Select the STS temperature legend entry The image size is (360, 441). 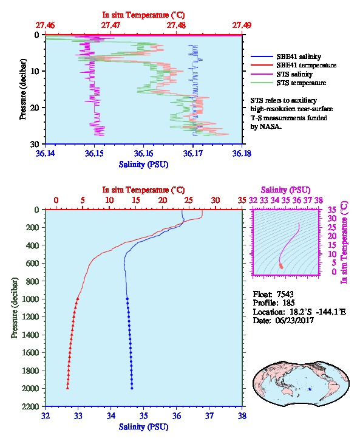tap(288, 83)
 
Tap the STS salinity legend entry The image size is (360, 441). tap(282, 74)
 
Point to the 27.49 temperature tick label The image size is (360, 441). tap(242, 26)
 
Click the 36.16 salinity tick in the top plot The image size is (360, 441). tap(143, 154)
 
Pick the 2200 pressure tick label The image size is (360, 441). tap(31, 406)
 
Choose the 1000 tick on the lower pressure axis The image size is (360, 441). tap(31, 299)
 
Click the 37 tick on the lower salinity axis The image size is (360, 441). tap(209, 415)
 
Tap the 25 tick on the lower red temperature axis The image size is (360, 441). tap(189, 200)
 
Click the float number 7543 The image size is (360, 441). tap(285, 294)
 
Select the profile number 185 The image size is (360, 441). tap(288, 303)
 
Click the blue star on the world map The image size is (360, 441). tap(310, 389)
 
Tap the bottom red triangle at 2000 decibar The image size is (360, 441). tap(68, 388)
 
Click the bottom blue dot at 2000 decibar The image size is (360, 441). tap(132, 388)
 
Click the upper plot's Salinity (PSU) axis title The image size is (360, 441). tap(143, 165)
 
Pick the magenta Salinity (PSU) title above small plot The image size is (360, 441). tap(285, 190)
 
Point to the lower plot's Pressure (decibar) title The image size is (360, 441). tap(15, 308)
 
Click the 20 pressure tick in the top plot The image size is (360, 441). tap(35, 108)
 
